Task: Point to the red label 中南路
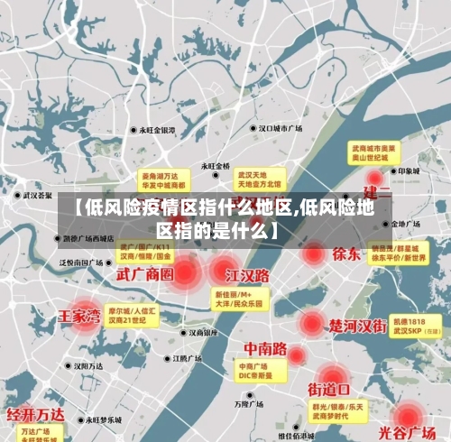click(265, 348)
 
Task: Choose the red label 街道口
click(329, 390)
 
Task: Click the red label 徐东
click(346, 253)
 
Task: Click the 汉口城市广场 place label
click(281, 129)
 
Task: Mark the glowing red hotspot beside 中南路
click(296, 356)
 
